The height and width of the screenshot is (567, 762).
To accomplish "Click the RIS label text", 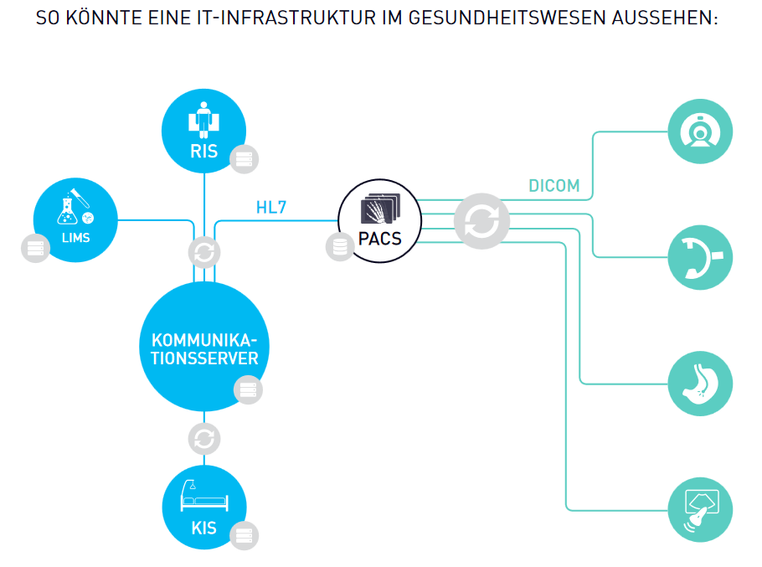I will click(203, 152).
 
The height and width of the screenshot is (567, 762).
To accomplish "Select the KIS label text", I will click(203, 528).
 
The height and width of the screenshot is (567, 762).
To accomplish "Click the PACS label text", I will click(379, 239).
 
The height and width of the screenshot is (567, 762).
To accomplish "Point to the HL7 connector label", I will click(271, 207).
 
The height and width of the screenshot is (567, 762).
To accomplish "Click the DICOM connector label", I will click(553, 186).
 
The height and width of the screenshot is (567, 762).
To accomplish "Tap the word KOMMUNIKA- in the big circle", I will click(204, 341).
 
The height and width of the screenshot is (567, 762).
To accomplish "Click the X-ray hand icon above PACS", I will click(380, 209).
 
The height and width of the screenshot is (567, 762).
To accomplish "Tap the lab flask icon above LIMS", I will click(73, 207).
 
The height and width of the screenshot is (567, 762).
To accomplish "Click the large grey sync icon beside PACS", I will click(481, 220).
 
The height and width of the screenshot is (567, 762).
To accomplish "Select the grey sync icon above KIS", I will click(204, 438).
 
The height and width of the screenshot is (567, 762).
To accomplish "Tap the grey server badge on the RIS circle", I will click(244, 158).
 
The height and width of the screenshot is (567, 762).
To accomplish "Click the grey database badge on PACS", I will click(340, 247).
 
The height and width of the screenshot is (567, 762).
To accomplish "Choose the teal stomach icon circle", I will click(701, 384).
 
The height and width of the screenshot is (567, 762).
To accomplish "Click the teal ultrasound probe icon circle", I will click(701, 509).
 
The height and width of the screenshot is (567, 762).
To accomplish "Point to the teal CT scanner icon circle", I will click(701, 132).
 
